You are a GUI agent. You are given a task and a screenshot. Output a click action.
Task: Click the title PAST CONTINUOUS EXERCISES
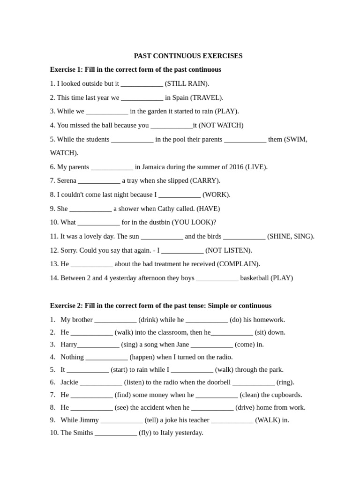click(188, 56)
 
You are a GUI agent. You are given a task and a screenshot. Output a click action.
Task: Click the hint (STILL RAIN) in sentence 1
click(187, 83)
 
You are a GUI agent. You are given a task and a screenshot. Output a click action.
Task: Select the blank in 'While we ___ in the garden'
click(107, 112)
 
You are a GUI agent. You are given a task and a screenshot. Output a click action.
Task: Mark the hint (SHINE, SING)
click(291, 236)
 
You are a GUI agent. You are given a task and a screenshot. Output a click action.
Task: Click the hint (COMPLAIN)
click(239, 264)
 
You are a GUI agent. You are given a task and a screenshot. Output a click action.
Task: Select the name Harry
click(69, 345)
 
